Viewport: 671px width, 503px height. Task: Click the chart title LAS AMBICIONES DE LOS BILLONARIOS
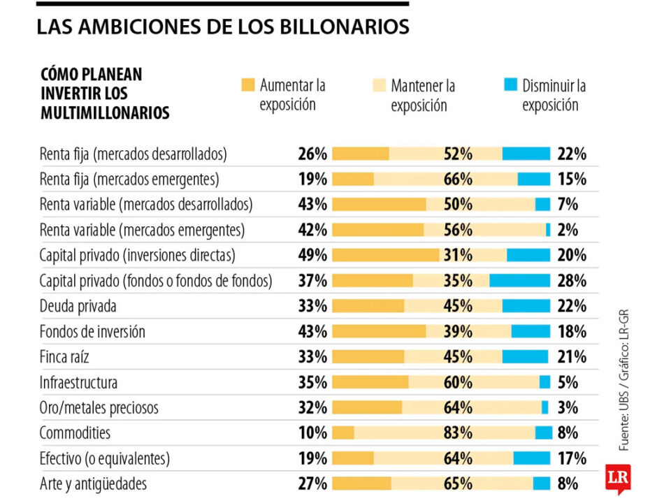click(x=222, y=27)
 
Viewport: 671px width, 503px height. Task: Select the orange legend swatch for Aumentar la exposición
click(x=247, y=85)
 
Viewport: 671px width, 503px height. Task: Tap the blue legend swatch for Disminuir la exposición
click(x=510, y=85)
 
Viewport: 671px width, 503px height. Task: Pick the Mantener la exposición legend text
click(x=423, y=96)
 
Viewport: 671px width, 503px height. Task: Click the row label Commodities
click(x=75, y=432)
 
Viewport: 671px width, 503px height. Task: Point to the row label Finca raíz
click(x=64, y=356)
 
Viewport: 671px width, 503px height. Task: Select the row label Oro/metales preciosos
click(x=99, y=407)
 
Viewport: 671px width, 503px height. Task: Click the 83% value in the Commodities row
click(x=458, y=432)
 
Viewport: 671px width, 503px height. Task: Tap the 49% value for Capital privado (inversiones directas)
click(x=312, y=255)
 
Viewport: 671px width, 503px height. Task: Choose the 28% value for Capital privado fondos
click(x=572, y=280)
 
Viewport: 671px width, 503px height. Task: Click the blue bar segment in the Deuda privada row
click(x=526, y=306)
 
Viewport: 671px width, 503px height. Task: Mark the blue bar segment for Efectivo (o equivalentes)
click(x=532, y=458)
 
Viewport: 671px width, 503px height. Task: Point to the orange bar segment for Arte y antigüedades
click(x=361, y=483)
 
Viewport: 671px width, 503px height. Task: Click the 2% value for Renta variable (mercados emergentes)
click(x=568, y=230)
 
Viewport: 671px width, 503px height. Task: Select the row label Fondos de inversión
click(x=92, y=331)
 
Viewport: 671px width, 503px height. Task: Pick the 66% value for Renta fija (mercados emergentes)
click(x=458, y=179)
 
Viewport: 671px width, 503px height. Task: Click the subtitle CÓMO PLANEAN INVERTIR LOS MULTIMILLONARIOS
click(x=105, y=94)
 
